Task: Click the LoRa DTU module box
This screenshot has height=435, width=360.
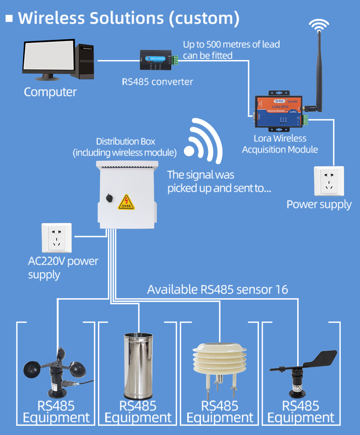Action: point(276,112)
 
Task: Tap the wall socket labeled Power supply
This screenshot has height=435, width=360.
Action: point(329,181)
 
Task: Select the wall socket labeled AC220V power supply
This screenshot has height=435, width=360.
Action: point(56,238)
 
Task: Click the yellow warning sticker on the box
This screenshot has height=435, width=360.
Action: point(126,202)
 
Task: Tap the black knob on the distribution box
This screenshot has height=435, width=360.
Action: point(108,198)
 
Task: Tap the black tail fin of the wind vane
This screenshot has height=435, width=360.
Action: point(322,359)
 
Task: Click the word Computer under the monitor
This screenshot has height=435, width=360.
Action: point(50,92)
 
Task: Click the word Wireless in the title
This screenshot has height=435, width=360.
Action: point(51,18)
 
